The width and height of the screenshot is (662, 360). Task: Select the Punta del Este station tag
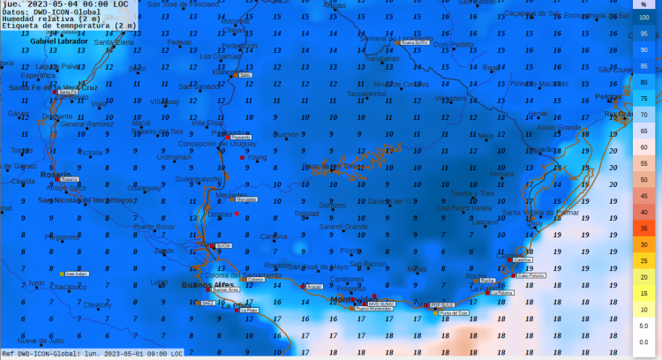[x=453, y=311]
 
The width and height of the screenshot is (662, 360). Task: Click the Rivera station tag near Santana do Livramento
[x=413, y=41]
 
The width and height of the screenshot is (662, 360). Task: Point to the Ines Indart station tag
[x=77, y=274]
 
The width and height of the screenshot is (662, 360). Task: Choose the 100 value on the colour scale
[x=644, y=18]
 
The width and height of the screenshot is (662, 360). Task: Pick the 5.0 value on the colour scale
[x=644, y=326]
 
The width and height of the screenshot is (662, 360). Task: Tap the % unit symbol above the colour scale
[x=644, y=5]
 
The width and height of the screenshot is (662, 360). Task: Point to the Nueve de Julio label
[x=40, y=340]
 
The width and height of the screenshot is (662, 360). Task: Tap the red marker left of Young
[x=243, y=158]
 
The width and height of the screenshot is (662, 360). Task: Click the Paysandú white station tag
[x=240, y=138]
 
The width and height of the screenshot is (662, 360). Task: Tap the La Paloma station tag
[x=502, y=292]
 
